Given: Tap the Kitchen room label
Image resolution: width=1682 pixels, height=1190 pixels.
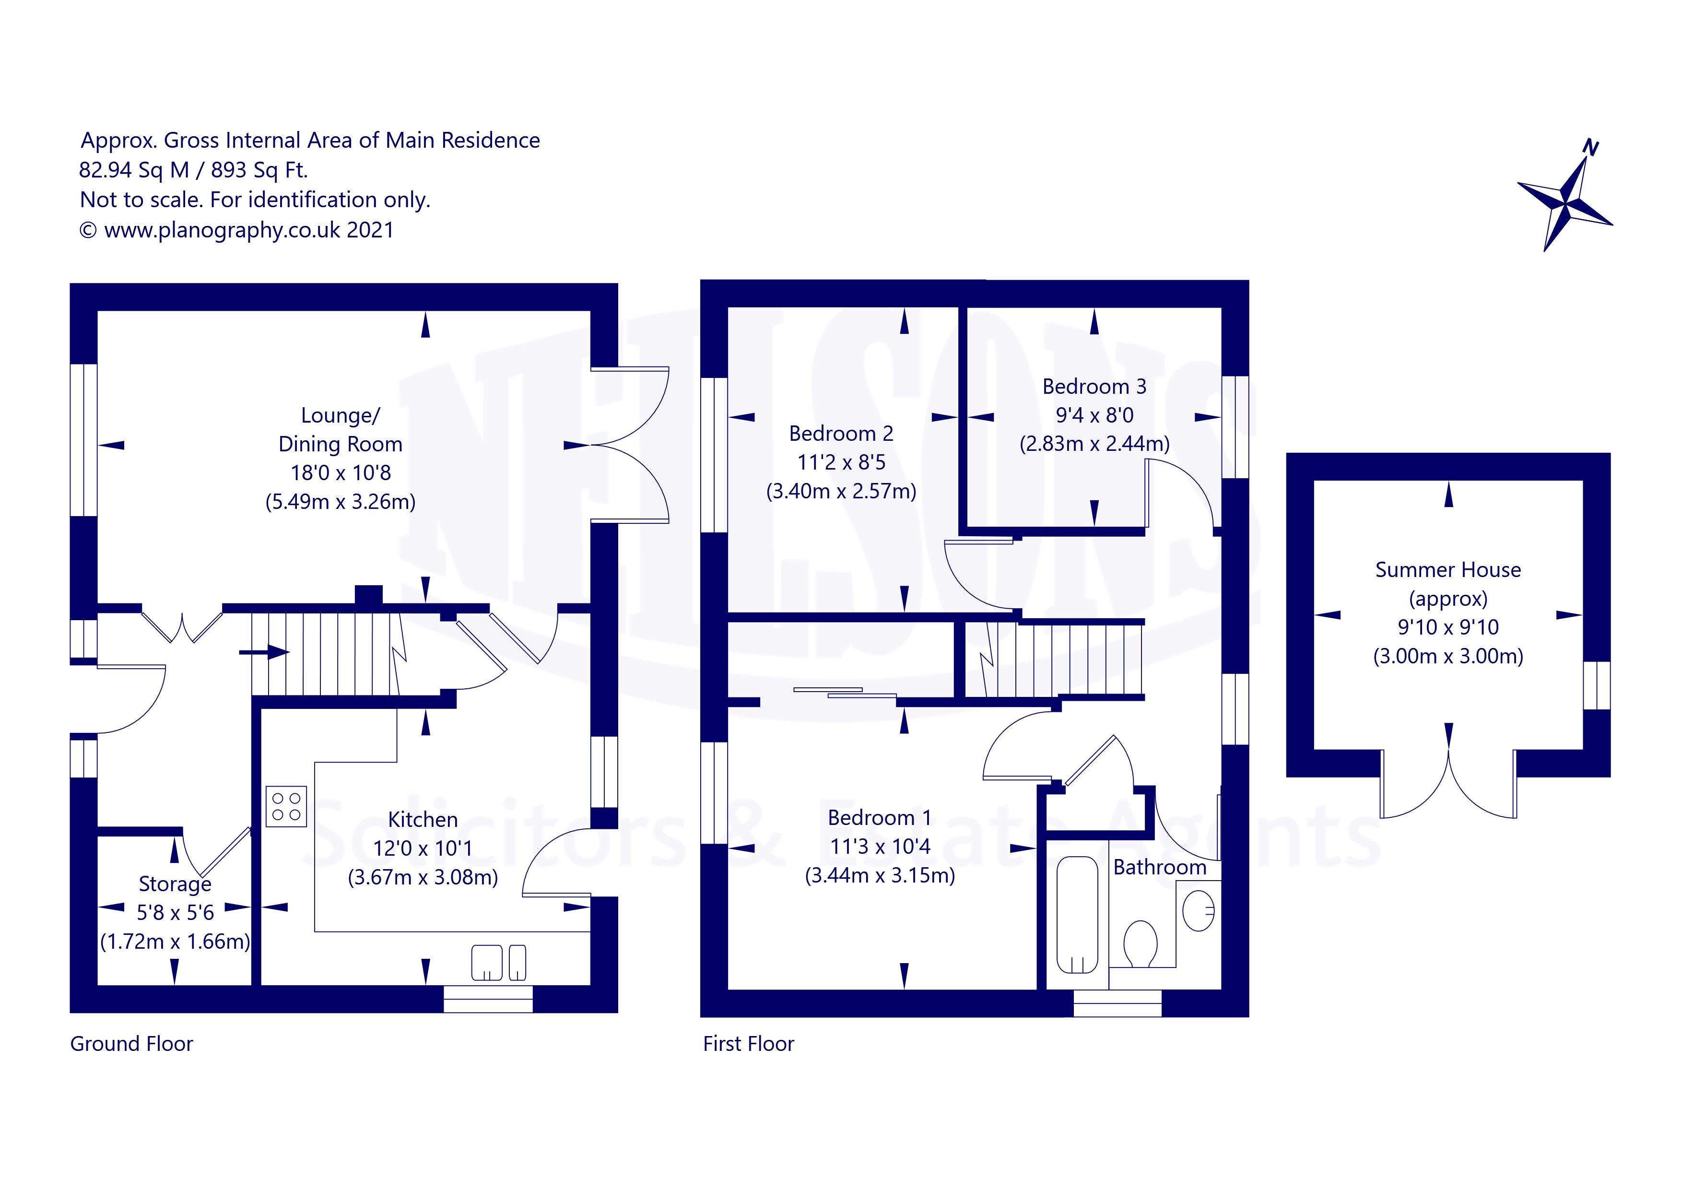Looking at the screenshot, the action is coord(423,819).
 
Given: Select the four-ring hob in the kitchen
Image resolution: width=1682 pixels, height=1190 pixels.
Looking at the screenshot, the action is coord(286,807).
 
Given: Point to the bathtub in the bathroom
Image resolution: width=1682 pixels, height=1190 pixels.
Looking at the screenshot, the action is coord(1078,915).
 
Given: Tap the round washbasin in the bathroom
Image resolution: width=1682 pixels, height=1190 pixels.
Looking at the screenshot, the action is coord(1199,911).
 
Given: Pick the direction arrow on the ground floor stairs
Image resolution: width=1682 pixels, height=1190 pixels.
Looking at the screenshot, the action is coord(264,651).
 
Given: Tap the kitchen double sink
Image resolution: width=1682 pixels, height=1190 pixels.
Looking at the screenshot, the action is coord(498,963).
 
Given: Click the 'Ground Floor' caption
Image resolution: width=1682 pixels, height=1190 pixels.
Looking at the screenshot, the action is coord(132,1043).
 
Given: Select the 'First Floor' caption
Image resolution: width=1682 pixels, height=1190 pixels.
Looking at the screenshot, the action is coord(749,1043).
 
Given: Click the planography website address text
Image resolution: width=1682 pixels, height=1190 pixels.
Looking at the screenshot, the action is coord(222,230).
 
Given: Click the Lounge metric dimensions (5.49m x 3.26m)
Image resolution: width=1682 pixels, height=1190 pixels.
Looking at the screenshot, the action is coord(341,502).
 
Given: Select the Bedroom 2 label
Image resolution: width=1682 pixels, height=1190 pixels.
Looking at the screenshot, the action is coord(841,434).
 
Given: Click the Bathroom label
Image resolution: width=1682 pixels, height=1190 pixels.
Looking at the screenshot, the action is coord(1160,868).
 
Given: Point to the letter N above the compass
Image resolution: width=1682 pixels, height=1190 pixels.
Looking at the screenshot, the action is coord(1590,147).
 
